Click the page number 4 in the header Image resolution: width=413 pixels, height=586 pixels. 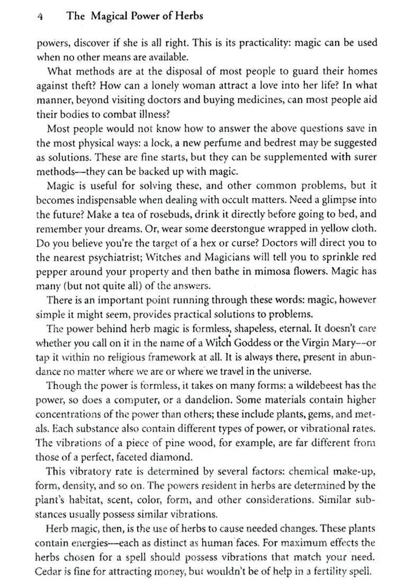pyautogui.click(x=40, y=16)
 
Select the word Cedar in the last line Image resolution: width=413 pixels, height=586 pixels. pyautogui.click(x=49, y=571)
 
